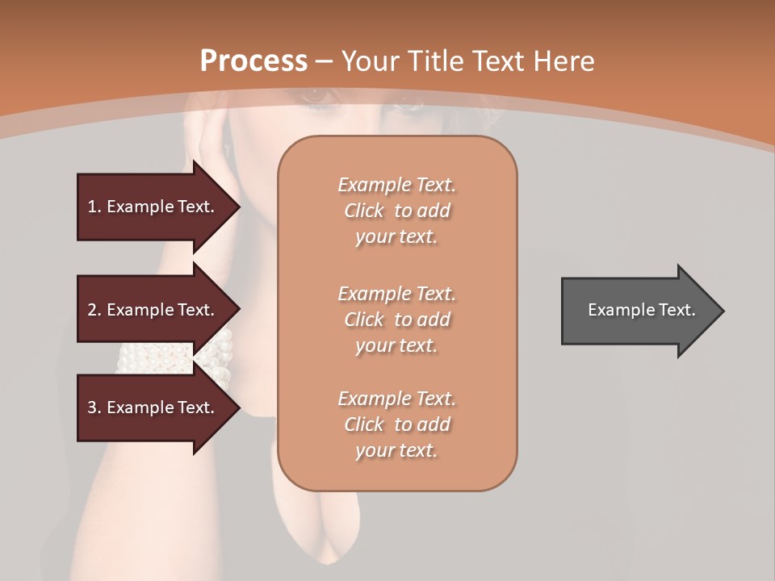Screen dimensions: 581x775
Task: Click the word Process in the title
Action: [x=253, y=61]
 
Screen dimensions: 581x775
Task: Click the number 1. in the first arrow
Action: [x=94, y=207]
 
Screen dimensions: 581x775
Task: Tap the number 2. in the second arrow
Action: [x=94, y=310]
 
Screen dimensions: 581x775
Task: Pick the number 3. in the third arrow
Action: [x=94, y=408]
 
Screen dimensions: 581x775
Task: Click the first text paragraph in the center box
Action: [x=396, y=211]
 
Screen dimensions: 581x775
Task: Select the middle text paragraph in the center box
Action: [x=396, y=319]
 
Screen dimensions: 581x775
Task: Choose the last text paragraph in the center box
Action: [x=396, y=424]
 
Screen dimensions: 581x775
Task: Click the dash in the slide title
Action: [x=325, y=61]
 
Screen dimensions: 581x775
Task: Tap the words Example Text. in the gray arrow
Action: [x=641, y=310]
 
